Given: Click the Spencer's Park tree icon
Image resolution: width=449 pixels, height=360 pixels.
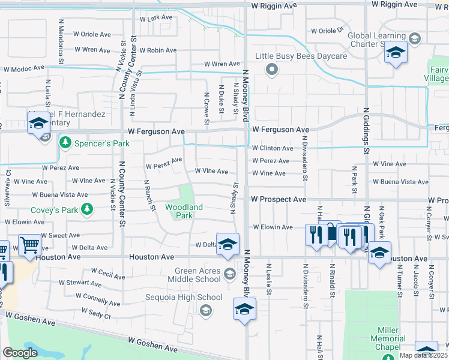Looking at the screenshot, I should (x=65, y=143).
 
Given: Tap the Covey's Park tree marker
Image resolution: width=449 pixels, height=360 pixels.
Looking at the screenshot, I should (x=88, y=209).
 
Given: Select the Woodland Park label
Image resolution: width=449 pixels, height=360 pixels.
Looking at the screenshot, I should (x=184, y=211).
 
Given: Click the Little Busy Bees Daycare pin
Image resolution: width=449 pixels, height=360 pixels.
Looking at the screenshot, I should (x=272, y=70).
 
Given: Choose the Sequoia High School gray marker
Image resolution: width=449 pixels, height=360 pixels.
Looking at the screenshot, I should (x=206, y=310).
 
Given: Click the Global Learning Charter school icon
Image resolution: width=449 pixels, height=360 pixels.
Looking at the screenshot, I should (x=396, y=53).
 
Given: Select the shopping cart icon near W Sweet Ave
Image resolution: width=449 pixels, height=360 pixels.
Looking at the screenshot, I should (x=29, y=245).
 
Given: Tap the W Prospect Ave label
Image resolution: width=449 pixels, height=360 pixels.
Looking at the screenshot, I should (x=279, y=199).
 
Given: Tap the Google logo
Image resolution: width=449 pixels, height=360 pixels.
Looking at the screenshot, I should (x=20, y=353).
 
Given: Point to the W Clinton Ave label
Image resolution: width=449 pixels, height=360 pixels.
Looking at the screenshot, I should (x=272, y=148).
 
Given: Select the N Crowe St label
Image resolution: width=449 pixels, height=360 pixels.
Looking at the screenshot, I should (x=206, y=109).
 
